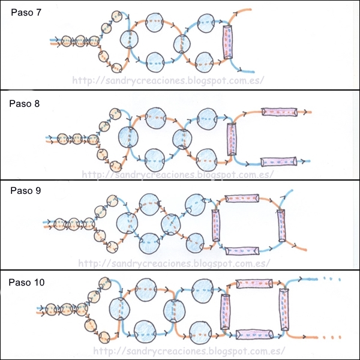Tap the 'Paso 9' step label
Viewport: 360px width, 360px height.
click(25, 191)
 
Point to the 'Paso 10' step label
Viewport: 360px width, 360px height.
click(28, 281)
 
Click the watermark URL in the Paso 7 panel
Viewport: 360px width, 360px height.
click(167, 80)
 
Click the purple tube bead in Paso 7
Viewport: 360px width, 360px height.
click(227, 43)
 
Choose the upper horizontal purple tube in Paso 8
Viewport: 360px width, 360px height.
click(279, 112)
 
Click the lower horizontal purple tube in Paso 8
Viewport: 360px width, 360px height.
click(279, 161)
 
